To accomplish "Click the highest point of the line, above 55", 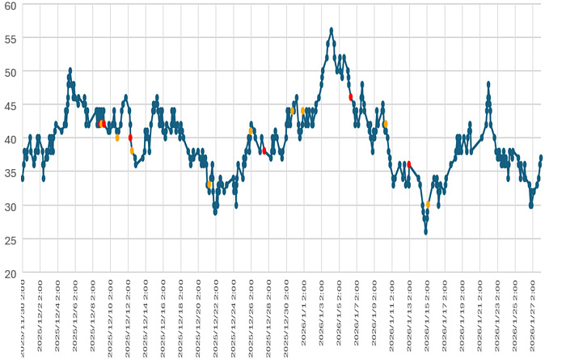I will click(x=332, y=30).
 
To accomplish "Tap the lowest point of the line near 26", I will click(x=425, y=232).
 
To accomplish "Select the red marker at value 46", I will click(x=351, y=97).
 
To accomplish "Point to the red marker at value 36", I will click(x=409, y=164).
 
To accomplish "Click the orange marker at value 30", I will click(x=428, y=205).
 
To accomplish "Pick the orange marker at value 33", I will click(x=209, y=184).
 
